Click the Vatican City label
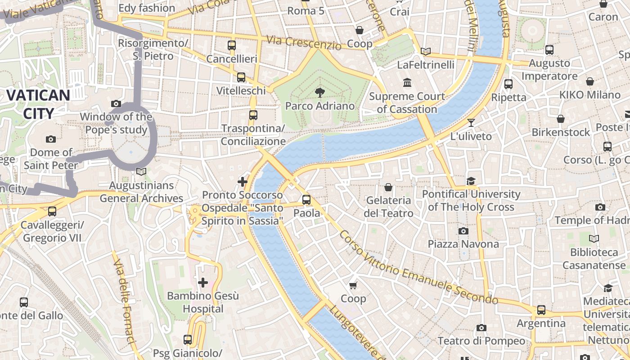pos(38,104)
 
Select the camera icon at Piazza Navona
pos(463,231)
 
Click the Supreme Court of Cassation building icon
pos(408,83)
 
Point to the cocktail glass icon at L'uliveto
pos(471,122)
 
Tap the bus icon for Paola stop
pos(306,199)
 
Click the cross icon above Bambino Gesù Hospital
pos(203,283)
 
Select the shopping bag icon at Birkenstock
pos(561,119)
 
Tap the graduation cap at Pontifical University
pos(471,181)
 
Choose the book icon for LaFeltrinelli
pos(425,51)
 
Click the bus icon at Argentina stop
pos(541,310)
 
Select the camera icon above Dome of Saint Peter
pos(51,139)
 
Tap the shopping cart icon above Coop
pos(353,285)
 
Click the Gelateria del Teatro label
pos(388,207)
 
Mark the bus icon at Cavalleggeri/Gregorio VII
pos(52,211)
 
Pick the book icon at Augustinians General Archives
pos(141,171)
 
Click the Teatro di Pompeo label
pos(481,341)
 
